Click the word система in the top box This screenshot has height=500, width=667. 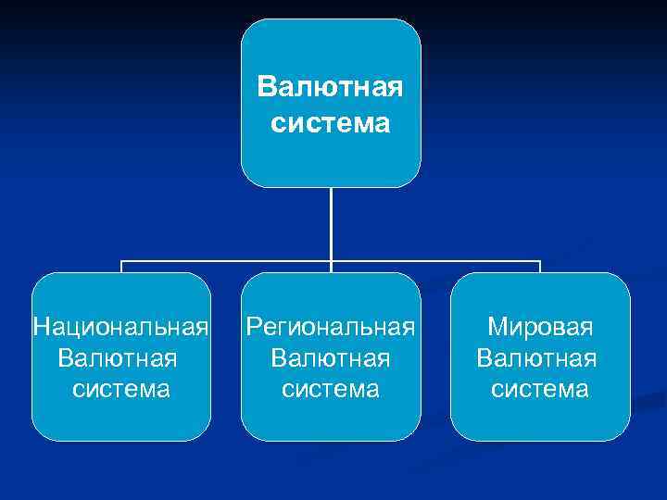(331, 122)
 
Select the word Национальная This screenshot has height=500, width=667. (120, 327)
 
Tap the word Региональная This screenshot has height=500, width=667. (330, 327)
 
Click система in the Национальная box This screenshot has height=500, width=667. (121, 389)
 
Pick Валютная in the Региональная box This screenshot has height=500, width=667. (331, 357)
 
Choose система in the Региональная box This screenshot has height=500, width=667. (331, 389)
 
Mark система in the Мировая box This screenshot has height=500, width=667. (540, 389)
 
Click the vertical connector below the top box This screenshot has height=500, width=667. (331, 222)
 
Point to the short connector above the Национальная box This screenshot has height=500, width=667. (121, 267)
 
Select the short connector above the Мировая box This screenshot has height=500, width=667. (540, 267)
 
